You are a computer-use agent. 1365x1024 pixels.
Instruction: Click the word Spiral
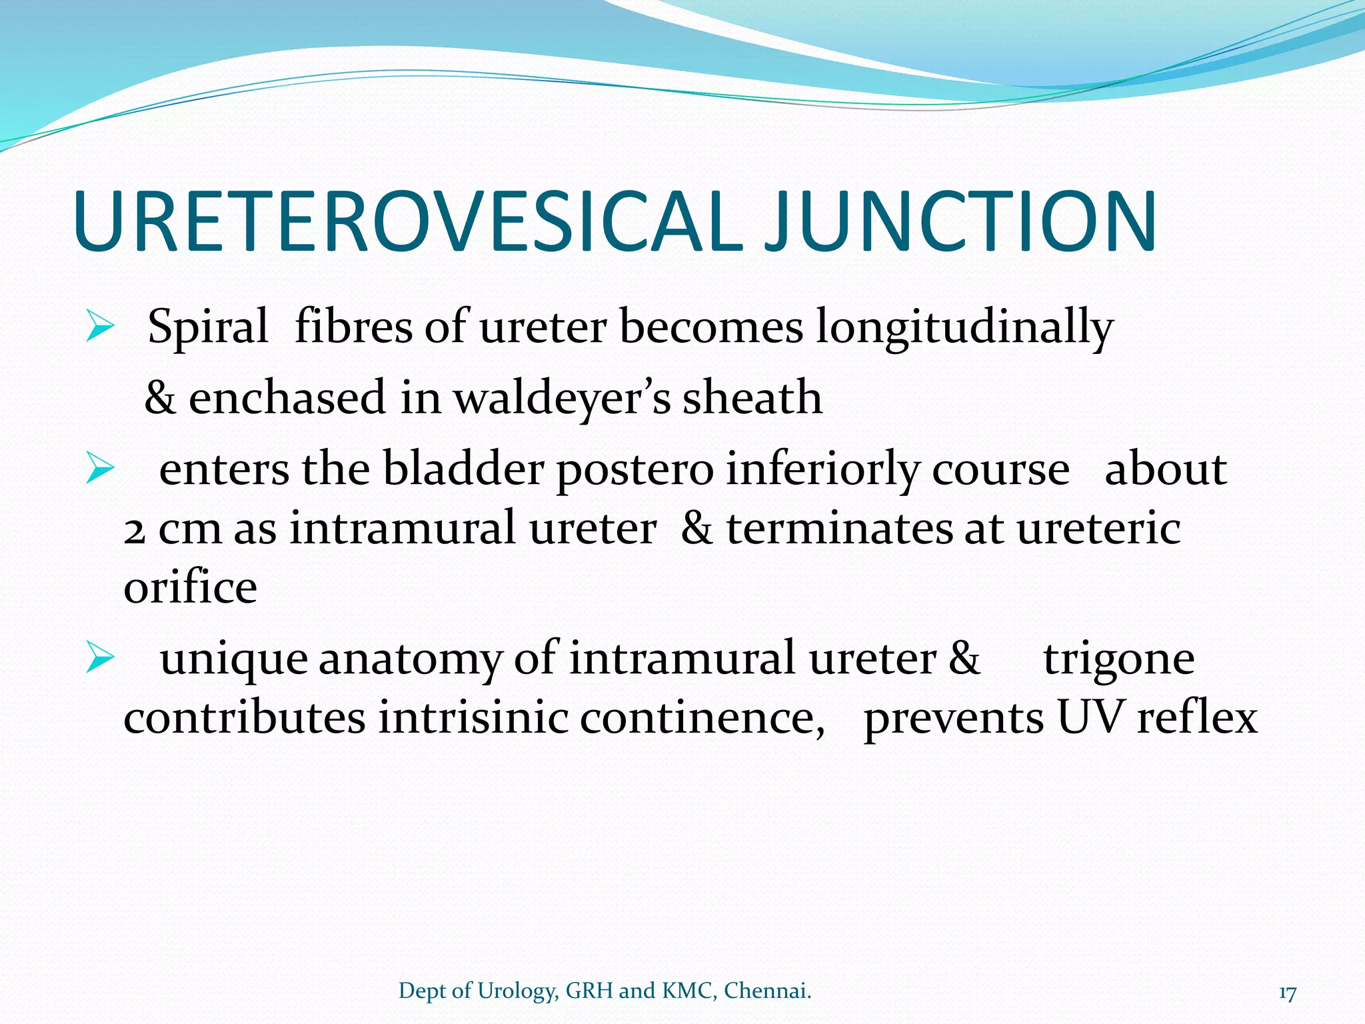[x=207, y=328]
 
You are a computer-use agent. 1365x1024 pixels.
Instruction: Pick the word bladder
[x=463, y=469]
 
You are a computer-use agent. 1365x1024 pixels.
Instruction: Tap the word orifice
[x=190, y=587]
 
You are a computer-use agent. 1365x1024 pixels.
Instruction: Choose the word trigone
[x=1118, y=660]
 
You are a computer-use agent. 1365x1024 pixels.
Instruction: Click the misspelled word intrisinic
[x=473, y=719]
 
